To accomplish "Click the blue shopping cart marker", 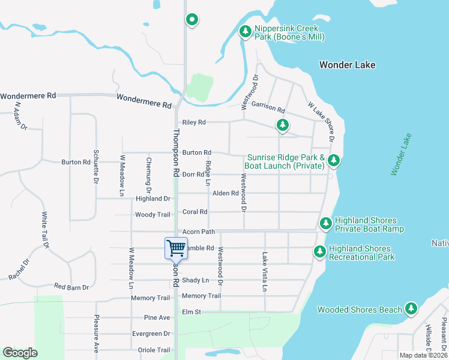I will [176, 248].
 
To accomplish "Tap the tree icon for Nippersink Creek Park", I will [245, 31].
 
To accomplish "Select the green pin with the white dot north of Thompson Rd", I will [192, 20].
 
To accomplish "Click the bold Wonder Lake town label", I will [348, 65].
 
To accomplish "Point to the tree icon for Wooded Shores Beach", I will [411, 308].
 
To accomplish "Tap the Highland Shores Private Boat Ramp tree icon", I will [326, 223].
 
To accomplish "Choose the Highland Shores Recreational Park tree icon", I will [320, 252].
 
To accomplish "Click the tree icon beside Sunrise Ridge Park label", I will [334, 160].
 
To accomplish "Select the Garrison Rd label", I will [268, 107].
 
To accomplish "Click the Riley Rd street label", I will [194, 122].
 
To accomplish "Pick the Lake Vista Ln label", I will [264, 272].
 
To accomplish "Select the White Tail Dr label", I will [45, 230].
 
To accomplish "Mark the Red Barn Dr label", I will [71, 287].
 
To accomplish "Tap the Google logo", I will [20, 353].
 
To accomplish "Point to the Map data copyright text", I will [423, 355].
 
